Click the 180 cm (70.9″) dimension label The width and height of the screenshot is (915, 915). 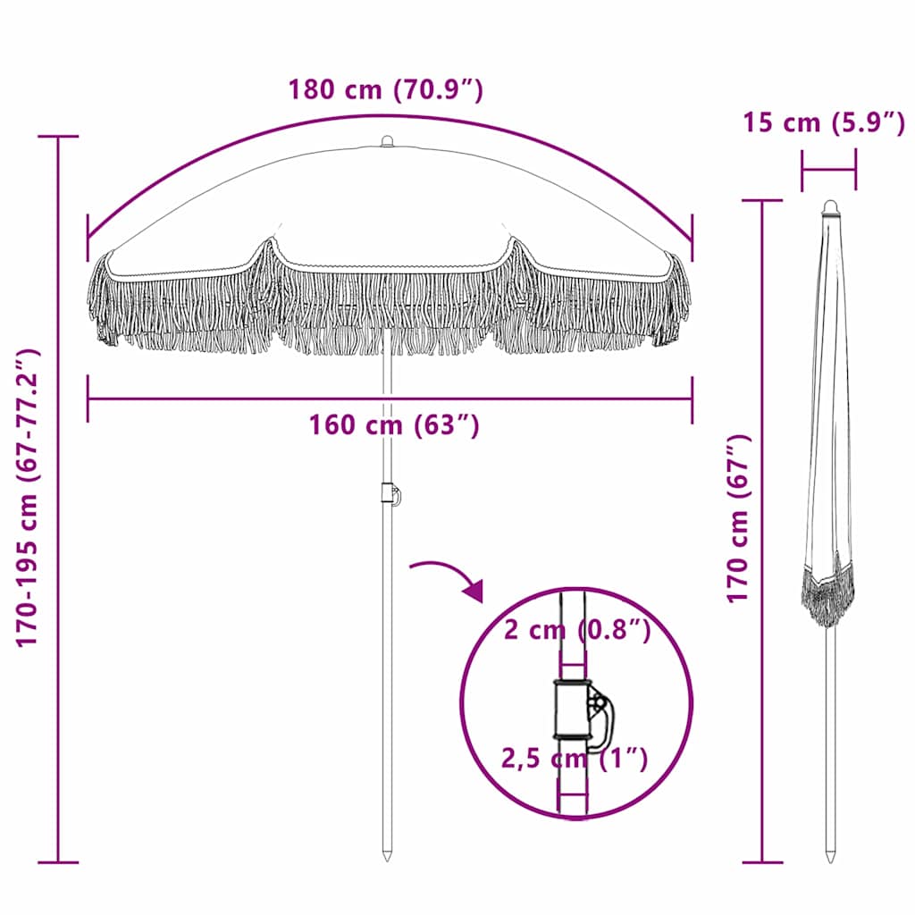[385, 90]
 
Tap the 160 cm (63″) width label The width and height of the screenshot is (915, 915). [394, 425]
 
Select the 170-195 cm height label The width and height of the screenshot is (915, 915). [29, 498]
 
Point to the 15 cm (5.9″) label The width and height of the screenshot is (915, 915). [823, 122]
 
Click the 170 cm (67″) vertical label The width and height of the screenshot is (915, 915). [738, 518]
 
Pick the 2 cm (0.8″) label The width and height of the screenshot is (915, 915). [576, 630]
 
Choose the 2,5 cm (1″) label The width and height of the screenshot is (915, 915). [575, 760]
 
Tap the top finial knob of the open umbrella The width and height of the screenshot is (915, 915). [387, 141]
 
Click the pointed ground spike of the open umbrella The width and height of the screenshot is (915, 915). [387, 853]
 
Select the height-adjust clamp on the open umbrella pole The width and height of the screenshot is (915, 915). [390, 493]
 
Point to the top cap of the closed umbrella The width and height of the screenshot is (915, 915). [831, 207]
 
